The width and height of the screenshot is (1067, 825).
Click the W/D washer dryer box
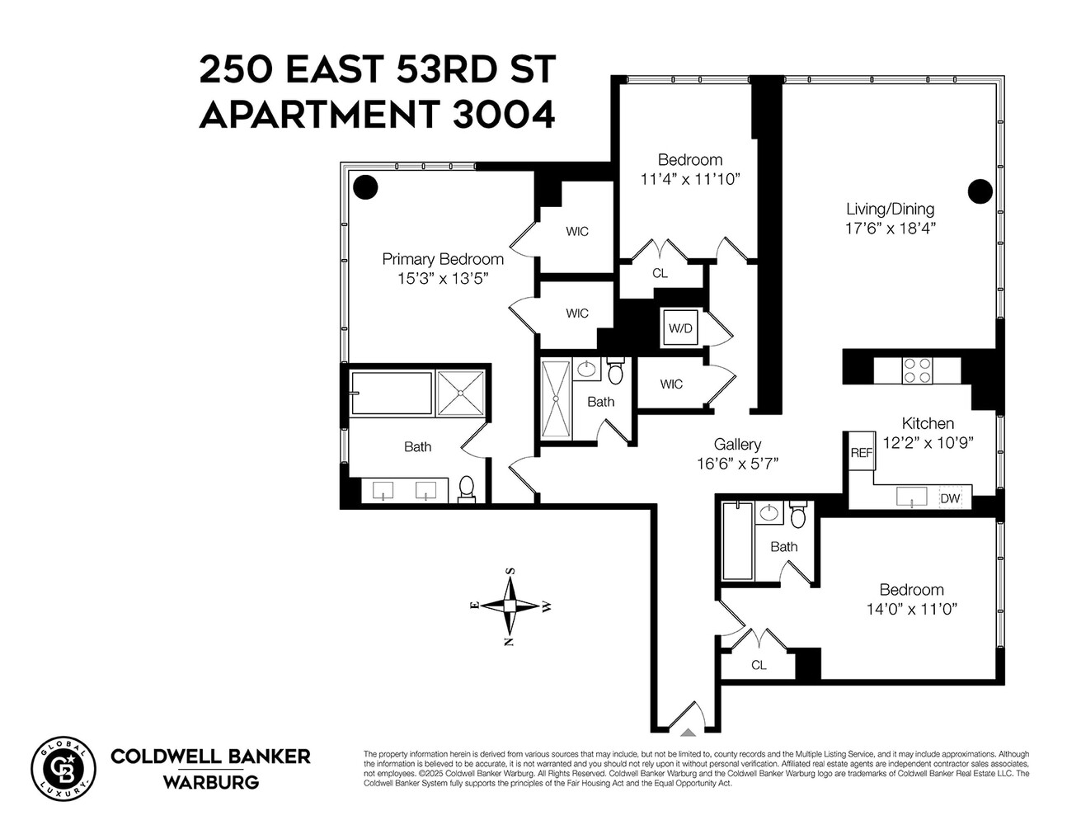click(680, 328)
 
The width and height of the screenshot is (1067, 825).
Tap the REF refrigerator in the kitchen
click(862, 452)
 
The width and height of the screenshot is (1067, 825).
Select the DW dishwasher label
click(950, 498)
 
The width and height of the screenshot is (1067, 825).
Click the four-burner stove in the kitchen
click(917, 369)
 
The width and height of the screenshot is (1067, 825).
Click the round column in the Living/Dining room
click(980, 191)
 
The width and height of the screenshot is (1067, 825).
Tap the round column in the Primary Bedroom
click(365, 186)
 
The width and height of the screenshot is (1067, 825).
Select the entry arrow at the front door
click(688, 730)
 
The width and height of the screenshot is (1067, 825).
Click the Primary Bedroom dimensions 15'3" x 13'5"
click(443, 279)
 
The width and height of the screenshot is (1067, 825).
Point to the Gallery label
click(737, 445)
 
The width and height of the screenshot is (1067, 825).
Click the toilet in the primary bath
click(467, 488)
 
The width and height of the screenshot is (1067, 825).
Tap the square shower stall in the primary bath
click(461, 393)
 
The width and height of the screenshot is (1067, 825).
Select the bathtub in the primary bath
click(391, 394)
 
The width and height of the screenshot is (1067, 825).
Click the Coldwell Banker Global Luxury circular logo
click(63, 768)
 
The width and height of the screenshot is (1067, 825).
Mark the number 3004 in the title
click(503, 115)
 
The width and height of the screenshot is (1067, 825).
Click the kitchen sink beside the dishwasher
click(911, 497)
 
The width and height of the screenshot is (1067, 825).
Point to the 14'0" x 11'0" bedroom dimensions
click(911, 610)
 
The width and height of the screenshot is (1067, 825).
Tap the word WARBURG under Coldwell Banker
click(210, 782)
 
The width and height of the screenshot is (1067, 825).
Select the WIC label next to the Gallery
click(671, 384)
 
